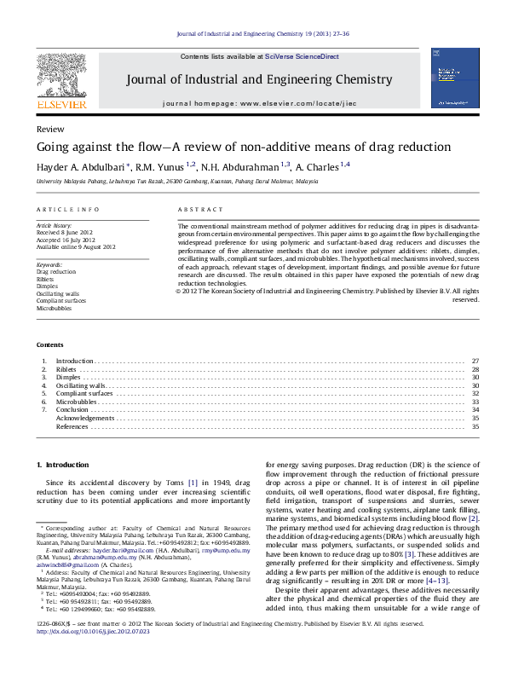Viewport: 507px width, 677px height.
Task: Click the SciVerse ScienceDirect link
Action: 302,56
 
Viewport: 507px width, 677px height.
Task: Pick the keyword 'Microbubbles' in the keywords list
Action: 55,308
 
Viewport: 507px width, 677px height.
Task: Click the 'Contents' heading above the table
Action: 49,344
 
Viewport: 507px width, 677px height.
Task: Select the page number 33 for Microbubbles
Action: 475,402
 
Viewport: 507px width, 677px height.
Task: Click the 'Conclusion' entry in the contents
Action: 72,410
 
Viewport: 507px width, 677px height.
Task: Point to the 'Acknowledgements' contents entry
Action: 84,418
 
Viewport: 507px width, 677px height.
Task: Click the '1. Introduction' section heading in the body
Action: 61,465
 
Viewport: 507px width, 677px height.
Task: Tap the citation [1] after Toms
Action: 193,483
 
